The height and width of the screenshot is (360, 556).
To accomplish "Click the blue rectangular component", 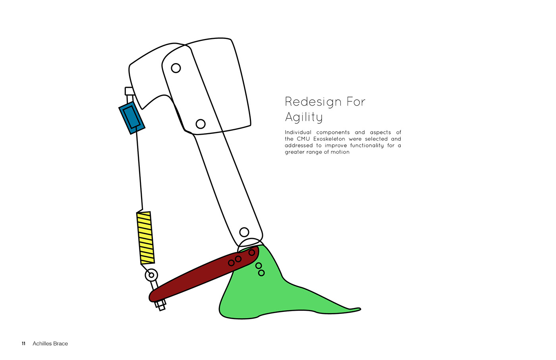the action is click(x=132, y=117).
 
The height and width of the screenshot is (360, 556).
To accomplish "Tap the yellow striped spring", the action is click(x=145, y=238).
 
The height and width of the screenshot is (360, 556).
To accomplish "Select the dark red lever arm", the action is click(x=199, y=276).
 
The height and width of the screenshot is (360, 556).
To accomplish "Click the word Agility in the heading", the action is click(x=304, y=117).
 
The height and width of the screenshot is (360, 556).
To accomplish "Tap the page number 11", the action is click(x=23, y=344).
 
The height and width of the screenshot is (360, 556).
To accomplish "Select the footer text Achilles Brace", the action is click(x=50, y=344).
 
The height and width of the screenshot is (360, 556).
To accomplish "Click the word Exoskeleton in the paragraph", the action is click(x=329, y=139).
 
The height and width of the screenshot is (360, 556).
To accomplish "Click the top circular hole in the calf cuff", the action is click(x=176, y=68).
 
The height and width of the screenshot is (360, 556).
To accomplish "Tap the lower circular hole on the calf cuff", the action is click(x=201, y=124).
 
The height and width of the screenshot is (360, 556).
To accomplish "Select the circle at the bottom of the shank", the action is click(x=244, y=232).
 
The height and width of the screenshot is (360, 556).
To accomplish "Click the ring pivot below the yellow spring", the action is click(x=151, y=275).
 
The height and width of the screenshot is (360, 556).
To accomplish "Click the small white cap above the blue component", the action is click(x=129, y=91).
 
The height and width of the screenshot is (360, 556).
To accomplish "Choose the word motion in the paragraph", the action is click(x=340, y=152).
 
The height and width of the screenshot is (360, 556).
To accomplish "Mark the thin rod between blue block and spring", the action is click(x=139, y=171).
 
